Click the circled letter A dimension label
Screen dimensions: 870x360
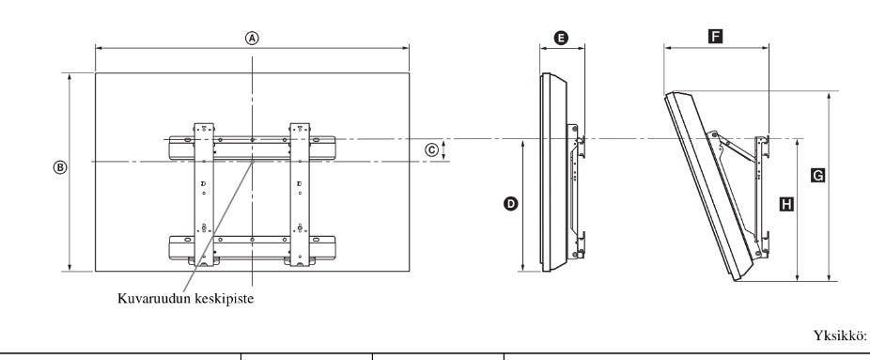pos(253,38)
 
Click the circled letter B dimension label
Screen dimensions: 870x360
pos(60,167)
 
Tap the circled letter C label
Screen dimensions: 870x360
pos(432,149)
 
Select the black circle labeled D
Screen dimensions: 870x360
pos(510,204)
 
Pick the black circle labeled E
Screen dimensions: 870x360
pos(562,38)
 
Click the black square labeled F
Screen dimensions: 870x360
pos(716,38)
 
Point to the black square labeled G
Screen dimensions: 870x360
pos(817,175)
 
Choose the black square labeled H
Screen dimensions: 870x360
pos(786,204)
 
